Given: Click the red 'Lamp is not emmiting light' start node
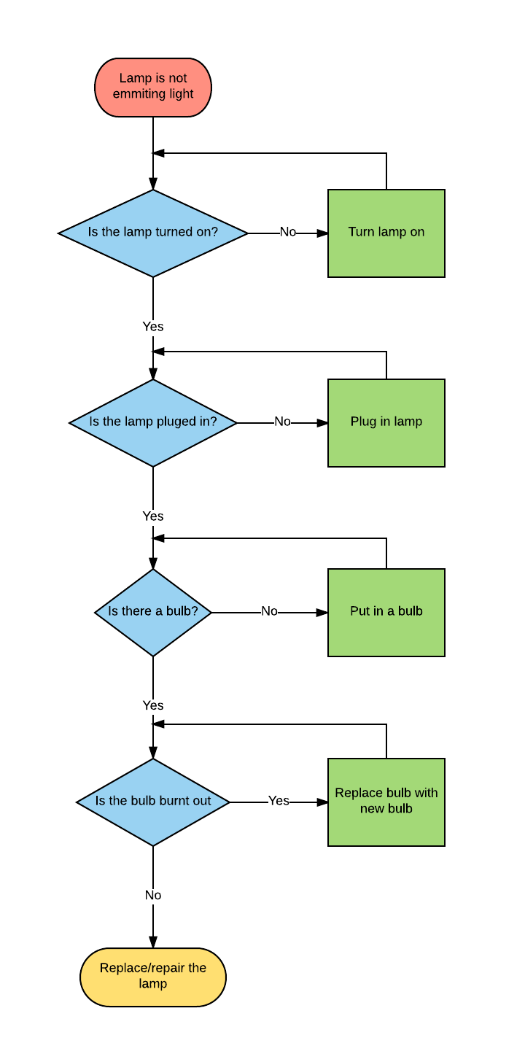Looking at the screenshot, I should (x=153, y=88).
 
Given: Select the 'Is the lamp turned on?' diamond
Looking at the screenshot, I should (x=153, y=233).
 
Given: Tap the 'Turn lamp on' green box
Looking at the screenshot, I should (x=386, y=233).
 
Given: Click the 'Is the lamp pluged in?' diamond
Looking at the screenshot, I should (x=153, y=422).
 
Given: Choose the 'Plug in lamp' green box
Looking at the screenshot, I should (x=386, y=422).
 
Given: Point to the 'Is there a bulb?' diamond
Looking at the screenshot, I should (x=153, y=612).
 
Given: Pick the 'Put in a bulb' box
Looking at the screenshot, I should (x=386, y=612).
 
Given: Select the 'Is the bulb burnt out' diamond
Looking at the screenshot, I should (x=153, y=802).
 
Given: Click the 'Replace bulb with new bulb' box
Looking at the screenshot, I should (x=386, y=802).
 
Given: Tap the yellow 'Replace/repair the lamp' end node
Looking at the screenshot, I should (x=153, y=977).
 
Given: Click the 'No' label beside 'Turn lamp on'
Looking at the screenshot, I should (x=288, y=232).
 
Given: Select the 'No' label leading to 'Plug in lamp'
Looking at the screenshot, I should (x=282, y=422).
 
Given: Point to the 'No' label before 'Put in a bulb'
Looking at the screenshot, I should (x=270, y=611).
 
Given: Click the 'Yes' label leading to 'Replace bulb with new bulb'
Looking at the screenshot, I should (x=279, y=801).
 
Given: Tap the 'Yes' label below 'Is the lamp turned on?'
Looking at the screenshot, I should (x=153, y=327).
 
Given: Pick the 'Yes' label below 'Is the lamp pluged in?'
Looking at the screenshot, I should (x=153, y=516).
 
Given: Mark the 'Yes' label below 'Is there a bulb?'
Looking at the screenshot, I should (x=153, y=706).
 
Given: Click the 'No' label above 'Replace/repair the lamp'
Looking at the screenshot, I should (x=153, y=896).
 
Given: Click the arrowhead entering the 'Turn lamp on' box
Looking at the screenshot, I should (x=322, y=233).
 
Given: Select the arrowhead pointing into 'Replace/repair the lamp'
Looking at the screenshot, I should (x=153, y=942).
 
